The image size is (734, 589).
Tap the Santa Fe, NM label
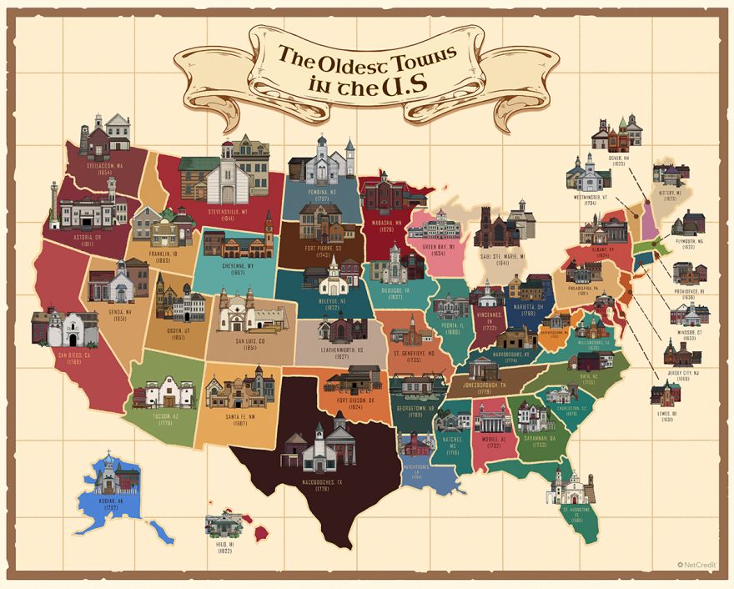[x=239, y=420]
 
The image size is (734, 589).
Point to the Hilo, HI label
[x=224, y=548]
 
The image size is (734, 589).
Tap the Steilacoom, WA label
[x=104, y=169]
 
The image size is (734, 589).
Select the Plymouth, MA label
[x=689, y=244]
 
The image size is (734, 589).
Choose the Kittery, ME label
[x=672, y=195]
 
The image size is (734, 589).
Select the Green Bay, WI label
[x=437, y=248]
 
